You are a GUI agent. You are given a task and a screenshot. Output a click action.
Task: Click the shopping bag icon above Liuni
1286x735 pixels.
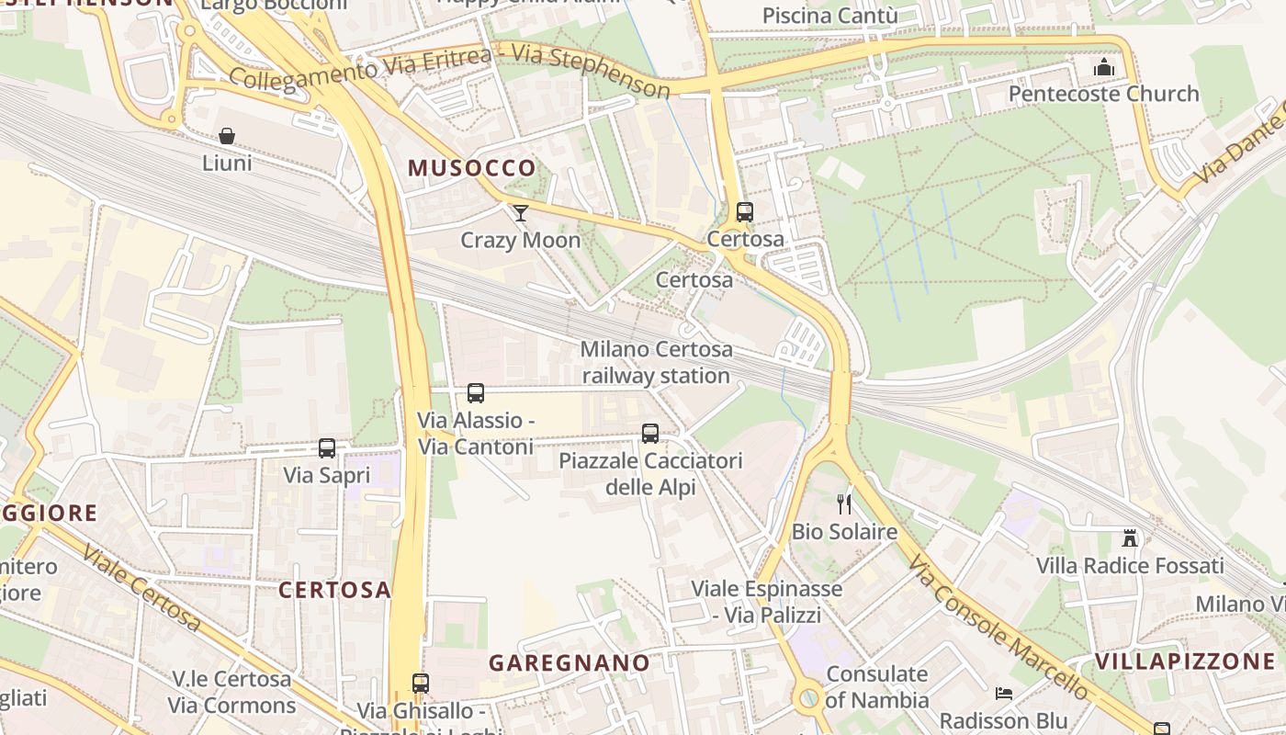click(227, 136)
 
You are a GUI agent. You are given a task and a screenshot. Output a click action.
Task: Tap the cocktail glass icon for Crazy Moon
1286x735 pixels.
click(521, 213)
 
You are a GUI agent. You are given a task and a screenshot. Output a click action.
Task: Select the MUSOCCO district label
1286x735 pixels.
click(471, 168)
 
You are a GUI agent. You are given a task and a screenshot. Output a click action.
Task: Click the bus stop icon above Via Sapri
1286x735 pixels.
click(327, 448)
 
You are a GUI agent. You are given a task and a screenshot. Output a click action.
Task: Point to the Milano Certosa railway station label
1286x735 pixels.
click(656, 362)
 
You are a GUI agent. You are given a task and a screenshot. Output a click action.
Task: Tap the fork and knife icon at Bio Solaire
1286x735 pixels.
click(844, 503)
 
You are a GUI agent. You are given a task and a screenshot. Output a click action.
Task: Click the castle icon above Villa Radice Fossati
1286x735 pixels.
click(1130, 537)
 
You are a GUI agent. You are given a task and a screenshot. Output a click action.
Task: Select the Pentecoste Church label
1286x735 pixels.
click(1103, 94)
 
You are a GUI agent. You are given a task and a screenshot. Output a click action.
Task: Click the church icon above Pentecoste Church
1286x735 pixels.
click(1104, 67)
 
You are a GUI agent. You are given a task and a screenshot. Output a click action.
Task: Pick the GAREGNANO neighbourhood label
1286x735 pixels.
click(569, 662)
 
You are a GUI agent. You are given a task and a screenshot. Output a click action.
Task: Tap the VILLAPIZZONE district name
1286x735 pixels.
click(1184, 661)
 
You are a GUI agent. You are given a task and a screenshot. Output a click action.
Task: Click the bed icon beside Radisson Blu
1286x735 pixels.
click(1004, 693)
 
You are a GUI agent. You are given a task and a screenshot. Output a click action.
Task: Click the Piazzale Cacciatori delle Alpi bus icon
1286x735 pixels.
click(650, 433)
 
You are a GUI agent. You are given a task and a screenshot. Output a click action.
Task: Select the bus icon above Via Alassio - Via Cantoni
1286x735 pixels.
click(476, 393)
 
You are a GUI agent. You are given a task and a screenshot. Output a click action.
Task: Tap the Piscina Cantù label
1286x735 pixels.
click(829, 16)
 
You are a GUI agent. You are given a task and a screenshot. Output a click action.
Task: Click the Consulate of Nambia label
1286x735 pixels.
click(876, 687)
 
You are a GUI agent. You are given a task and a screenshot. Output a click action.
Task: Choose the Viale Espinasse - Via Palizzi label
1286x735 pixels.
click(766, 602)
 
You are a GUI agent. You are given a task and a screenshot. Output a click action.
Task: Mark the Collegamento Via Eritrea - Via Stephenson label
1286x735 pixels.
click(449, 71)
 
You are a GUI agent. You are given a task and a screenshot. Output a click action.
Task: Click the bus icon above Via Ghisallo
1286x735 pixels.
click(421, 684)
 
